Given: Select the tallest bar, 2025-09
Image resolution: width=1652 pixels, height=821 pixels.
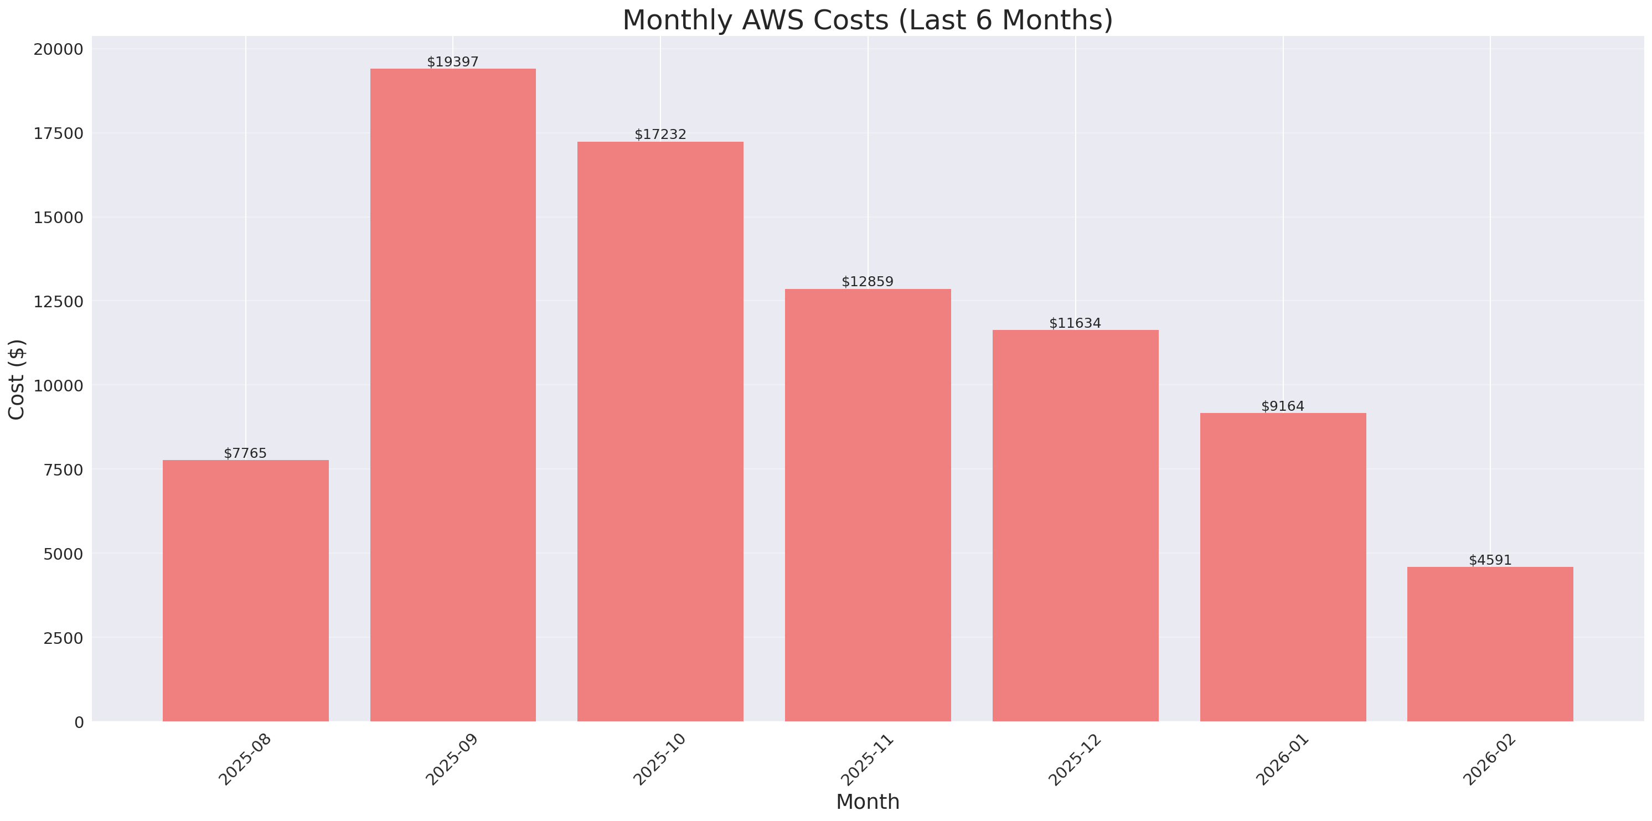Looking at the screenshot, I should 453,395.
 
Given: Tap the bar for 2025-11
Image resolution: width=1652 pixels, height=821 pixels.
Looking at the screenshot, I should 868,505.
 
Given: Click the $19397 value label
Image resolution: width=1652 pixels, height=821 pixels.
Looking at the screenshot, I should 453,61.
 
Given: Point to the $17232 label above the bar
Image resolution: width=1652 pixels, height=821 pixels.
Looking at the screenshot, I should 660,134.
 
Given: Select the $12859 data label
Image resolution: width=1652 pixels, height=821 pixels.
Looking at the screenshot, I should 867,282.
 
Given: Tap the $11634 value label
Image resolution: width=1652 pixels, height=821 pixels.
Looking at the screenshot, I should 1075,323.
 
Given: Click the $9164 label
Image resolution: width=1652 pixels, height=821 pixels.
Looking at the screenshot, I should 1283,406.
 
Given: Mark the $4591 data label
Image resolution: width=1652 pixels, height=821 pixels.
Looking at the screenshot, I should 1490,560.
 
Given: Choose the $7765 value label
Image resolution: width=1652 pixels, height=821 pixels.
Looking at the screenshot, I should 245,453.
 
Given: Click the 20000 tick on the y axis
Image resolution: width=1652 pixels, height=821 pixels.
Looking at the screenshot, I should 58,49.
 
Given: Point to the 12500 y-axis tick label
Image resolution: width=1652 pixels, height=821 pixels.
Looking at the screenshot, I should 58,302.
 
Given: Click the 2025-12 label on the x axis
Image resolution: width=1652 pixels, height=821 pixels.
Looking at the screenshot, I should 1074,760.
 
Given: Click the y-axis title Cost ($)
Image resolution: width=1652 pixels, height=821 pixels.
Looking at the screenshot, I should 17,379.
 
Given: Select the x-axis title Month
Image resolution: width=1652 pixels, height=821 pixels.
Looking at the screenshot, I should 868,802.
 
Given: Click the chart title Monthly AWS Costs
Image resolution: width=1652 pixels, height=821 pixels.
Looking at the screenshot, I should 867,20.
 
